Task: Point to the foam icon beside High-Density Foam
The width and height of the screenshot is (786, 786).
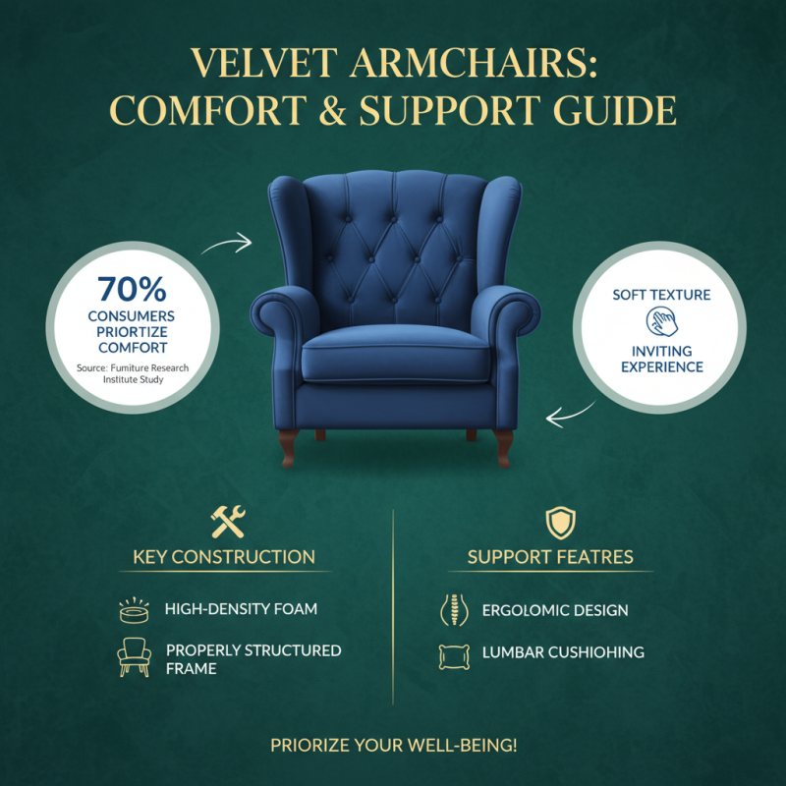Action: coord(133,609)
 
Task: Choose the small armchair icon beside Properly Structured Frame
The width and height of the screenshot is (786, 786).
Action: coord(133,656)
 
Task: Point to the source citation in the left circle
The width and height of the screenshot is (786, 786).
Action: coord(132,374)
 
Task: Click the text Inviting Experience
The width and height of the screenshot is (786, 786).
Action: coord(661,359)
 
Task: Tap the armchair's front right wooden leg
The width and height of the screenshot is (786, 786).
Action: coord(503,444)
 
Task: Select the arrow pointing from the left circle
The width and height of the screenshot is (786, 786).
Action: coord(227,244)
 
